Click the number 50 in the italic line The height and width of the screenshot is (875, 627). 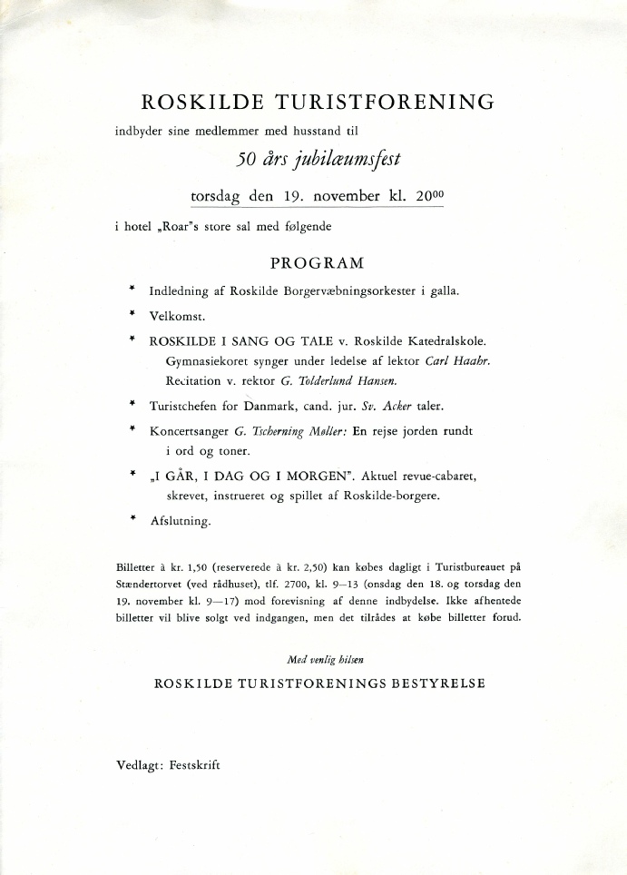coord(249,161)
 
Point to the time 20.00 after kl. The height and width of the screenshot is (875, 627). coord(431,195)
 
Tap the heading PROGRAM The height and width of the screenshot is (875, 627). coord(318,263)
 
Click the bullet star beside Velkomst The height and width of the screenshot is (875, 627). coord(132,315)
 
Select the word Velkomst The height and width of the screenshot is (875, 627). coord(178,317)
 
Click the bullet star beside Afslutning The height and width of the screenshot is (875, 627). coord(132,519)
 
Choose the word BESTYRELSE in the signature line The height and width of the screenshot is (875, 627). coord(438,683)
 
